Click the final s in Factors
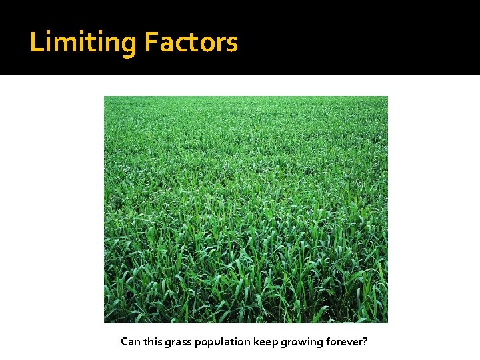[x=232, y=45]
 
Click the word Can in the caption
[x=131, y=342]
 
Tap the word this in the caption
[x=155, y=342]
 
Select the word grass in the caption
[x=183, y=343]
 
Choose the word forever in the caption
[x=345, y=342]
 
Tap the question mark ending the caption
[x=365, y=342]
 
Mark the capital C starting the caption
[x=125, y=342]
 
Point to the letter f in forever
[x=328, y=342]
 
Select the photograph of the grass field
[x=245, y=209]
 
